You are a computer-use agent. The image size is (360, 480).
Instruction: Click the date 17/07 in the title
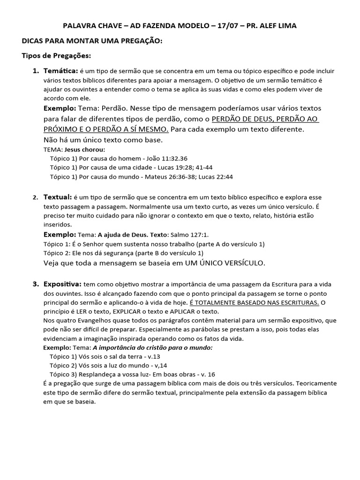pyautogui.click(x=228, y=26)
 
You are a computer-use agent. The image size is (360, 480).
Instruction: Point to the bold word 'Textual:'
pyautogui.click(x=58, y=197)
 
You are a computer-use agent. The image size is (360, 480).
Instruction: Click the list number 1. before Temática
pyautogui.click(x=36, y=71)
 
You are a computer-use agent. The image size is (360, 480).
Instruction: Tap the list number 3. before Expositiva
pyautogui.click(x=36, y=284)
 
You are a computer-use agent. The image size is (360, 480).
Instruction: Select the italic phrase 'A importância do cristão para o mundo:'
pyautogui.click(x=153, y=347)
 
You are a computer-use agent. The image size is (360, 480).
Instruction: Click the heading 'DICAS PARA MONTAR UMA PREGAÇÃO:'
pyautogui.click(x=92, y=41)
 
